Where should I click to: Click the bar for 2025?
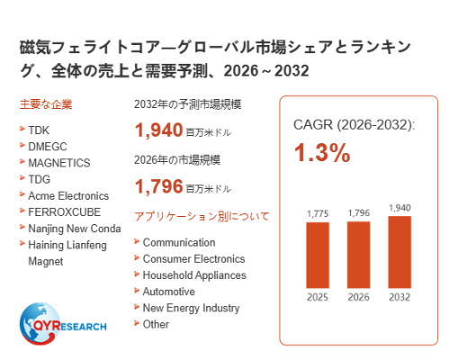tap(318, 255)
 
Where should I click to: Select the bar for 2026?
tap(359, 255)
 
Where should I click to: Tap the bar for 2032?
tap(400, 252)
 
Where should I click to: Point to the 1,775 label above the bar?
tap(318, 213)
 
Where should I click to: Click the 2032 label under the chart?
tap(400, 297)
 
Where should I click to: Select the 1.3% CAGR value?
tap(322, 153)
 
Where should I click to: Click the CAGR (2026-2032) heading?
tap(354, 125)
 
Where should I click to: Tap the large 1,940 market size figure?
tap(159, 130)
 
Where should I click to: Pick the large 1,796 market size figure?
tap(159, 186)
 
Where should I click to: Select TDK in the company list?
tap(39, 130)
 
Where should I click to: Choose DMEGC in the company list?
tap(48, 147)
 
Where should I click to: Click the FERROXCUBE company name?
tap(65, 212)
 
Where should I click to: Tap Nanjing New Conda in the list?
tap(75, 229)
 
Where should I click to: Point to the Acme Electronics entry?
tap(68, 196)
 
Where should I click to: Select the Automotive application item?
tap(169, 292)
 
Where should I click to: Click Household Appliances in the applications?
tap(194, 275)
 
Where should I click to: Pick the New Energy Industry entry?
tap(191, 308)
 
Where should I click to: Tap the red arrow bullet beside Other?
tap(137, 323)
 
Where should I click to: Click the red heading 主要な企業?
tap(46, 104)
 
